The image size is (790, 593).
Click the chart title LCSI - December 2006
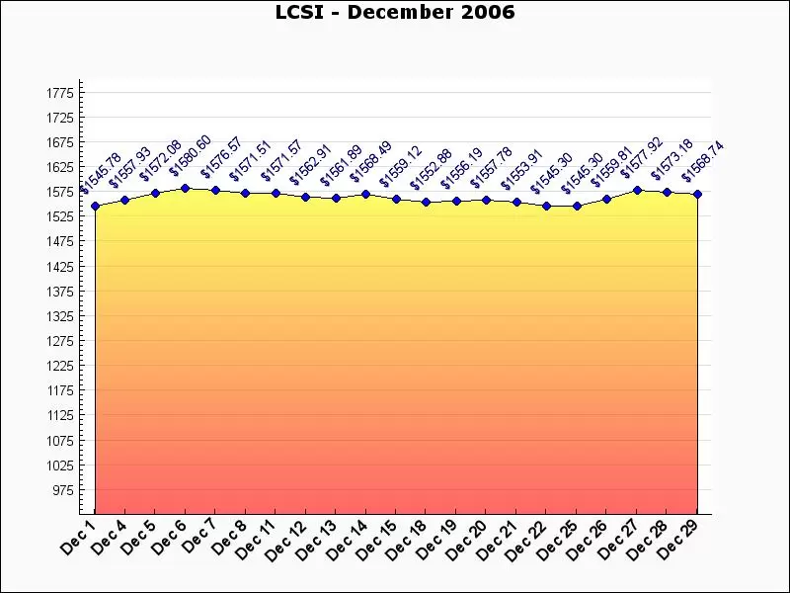(395, 13)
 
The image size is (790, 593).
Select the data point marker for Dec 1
(95, 207)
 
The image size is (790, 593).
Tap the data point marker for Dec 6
(186, 188)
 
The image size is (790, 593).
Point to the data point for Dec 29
(697, 195)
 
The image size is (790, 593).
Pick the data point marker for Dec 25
(577, 207)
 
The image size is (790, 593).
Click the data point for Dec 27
(637, 190)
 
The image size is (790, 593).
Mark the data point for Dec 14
(365, 195)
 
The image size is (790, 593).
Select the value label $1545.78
(101, 174)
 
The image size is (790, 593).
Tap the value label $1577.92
(643, 160)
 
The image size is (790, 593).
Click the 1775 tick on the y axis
(60, 93)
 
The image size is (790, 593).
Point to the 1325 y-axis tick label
(60, 316)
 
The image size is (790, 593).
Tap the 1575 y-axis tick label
(60, 192)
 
